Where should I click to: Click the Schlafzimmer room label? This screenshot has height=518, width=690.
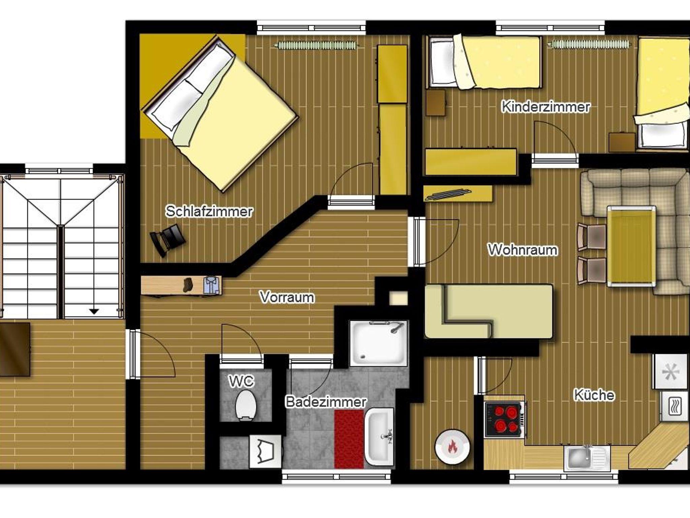(x=209, y=212)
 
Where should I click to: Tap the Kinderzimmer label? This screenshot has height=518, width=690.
(x=546, y=107)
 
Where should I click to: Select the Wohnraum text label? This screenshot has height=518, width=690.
(x=523, y=250)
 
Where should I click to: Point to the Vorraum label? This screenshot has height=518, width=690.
(x=287, y=297)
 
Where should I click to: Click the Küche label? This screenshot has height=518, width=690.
(x=594, y=395)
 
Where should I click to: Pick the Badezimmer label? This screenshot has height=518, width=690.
(x=326, y=402)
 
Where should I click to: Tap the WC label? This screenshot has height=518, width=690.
(x=241, y=381)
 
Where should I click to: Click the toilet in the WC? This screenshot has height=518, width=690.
(x=246, y=405)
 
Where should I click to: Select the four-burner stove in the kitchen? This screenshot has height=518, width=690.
(x=504, y=420)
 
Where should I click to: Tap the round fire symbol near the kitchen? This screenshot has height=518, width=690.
(x=452, y=447)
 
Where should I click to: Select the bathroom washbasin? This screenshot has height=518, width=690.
(x=379, y=437)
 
